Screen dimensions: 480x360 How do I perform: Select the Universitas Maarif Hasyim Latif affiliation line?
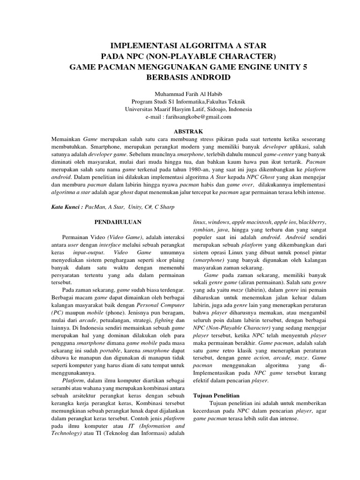[x=187, y=109]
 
